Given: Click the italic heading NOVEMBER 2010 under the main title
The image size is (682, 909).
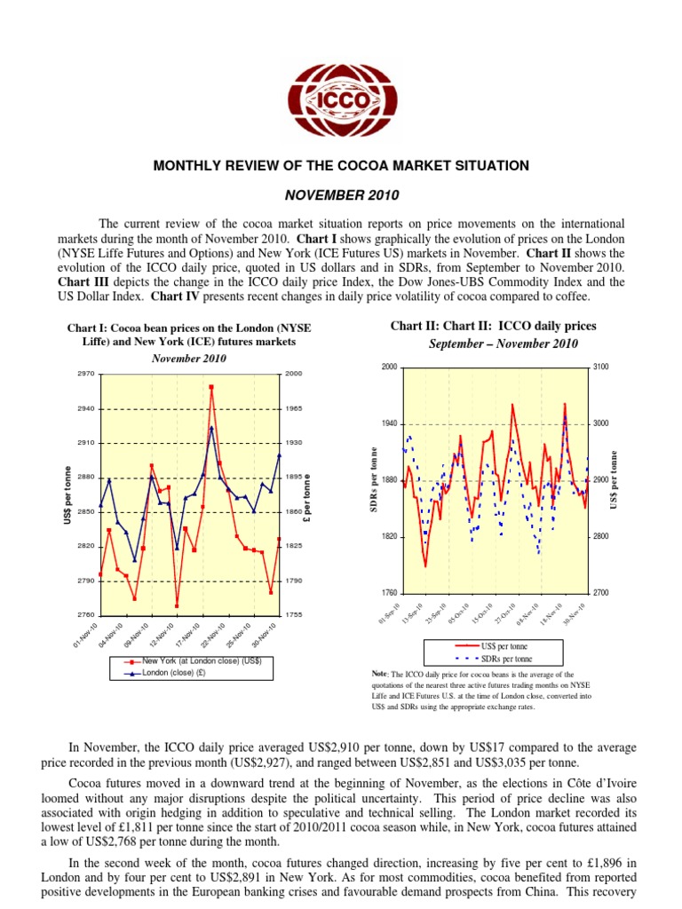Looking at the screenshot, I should [x=341, y=194].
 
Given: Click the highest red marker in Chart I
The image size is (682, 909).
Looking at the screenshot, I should [x=211, y=387].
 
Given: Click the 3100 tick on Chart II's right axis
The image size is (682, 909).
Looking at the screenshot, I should [x=599, y=368].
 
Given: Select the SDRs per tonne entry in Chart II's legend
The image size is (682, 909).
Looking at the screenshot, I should [x=506, y=659].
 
